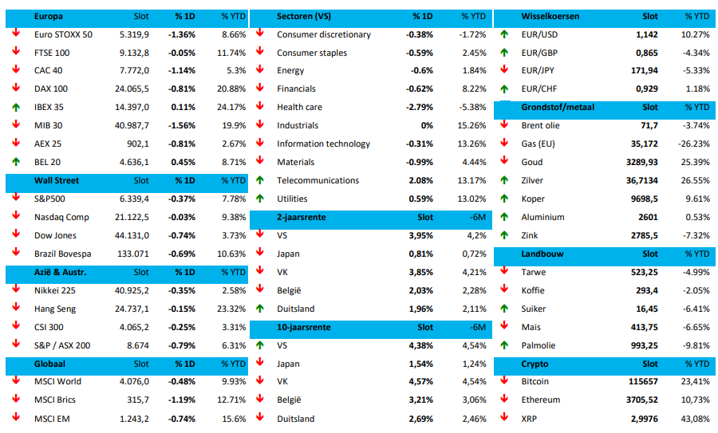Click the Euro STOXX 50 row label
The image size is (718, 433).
tap(63, 34)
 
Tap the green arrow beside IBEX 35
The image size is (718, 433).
tap(15, 107)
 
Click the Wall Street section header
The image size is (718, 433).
tap(57, 180)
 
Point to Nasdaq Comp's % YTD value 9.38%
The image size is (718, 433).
tap(233, 217)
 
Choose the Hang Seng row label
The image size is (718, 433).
tap(57, 309)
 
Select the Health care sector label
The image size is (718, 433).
tap(299, 107)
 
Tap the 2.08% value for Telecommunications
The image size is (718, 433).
tap(420, 180)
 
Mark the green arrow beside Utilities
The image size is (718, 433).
tap(259, 199)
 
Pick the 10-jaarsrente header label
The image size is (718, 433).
tap(304, 327)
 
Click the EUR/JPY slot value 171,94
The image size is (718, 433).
tap(641, 71)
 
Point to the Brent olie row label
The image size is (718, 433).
tap(540, 125)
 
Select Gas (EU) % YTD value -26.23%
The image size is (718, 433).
tap(692, 144)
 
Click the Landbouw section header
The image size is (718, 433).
tap(542, 254)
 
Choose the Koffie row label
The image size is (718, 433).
tap(534, 290)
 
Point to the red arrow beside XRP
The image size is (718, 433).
tap(503, 418)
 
